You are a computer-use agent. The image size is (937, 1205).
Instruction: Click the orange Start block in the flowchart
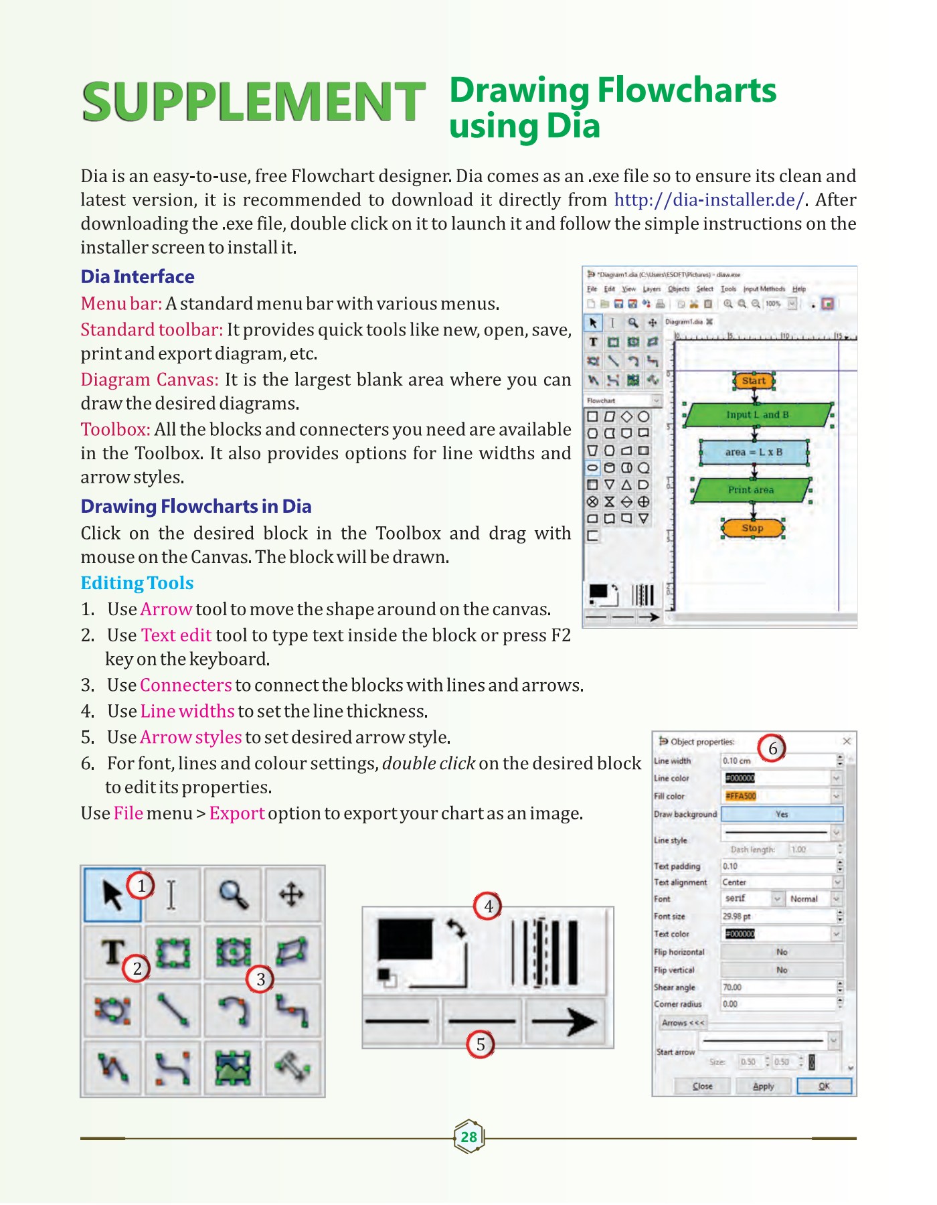754,381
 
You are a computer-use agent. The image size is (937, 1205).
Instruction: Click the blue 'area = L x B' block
754,453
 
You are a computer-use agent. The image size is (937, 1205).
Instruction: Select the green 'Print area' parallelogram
751,490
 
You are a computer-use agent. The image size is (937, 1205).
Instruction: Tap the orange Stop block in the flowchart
752,528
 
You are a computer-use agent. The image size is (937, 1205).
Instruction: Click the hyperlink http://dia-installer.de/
709,200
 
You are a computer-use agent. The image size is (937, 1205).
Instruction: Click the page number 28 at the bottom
468,1137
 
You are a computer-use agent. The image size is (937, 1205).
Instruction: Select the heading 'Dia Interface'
137,276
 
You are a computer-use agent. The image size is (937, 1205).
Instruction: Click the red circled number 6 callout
772,748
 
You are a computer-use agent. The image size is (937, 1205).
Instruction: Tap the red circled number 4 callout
489,906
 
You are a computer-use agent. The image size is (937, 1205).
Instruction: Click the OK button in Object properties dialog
824,1086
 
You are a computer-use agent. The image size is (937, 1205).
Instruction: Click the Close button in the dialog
702,1086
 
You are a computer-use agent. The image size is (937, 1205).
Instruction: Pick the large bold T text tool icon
112,951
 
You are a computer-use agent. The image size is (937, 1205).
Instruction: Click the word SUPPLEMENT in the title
253,102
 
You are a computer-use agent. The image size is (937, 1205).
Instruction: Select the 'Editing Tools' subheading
137,583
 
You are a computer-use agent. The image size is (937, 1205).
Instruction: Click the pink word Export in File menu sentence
237,813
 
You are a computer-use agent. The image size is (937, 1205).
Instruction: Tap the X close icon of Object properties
847,741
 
